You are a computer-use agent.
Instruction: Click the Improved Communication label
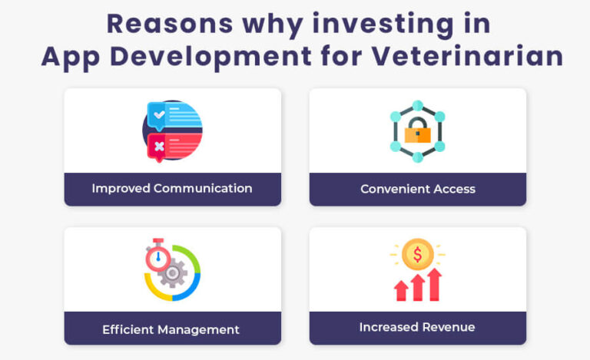[x=172, y=188]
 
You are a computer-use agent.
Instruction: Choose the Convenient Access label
[x=418, y=189]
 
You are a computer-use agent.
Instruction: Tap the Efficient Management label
[x=171, y=329]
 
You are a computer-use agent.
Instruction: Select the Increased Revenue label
[x=417, y=327]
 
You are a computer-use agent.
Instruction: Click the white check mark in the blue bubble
[x=159, y=114]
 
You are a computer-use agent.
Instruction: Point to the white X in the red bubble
[x=159, y=146]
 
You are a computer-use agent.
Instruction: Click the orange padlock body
[x=418, y=134]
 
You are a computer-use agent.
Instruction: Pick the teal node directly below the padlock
[x=418, y=157]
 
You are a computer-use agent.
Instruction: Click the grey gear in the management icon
[x=174, y=272]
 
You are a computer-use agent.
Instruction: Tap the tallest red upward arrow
[x=434, y=284]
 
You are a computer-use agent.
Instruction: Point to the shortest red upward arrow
[x=401, y=290]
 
